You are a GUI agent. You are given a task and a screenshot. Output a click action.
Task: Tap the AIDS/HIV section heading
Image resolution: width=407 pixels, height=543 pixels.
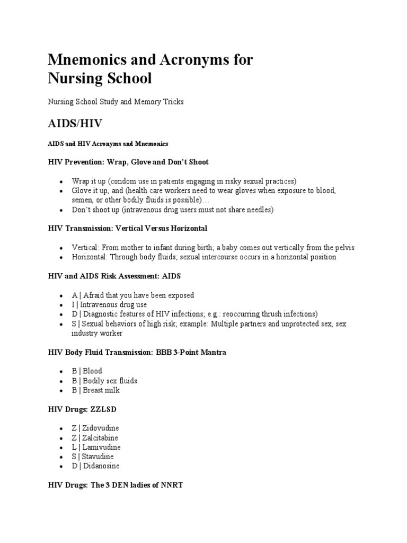[75, 124]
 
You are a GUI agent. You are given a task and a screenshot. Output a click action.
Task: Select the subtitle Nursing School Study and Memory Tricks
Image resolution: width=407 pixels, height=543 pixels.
[116, 101]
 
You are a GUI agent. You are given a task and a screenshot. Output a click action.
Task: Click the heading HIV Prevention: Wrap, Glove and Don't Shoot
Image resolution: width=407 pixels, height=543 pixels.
[128, 162]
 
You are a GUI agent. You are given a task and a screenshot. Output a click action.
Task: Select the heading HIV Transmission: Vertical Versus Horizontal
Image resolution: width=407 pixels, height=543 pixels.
[128, 228]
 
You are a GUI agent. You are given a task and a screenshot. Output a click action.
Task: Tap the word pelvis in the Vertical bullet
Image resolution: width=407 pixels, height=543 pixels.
[344, 248]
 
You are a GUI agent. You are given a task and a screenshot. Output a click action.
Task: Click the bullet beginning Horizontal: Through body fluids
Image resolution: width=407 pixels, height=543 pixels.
[204, 257]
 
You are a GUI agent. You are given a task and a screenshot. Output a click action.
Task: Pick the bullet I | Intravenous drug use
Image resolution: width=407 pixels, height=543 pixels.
[109, 305]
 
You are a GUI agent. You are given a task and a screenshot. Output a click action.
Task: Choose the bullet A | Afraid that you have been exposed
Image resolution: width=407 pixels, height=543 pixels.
[133, 295]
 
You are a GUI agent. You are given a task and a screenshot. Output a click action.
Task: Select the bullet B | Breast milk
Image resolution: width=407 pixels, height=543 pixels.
[96, 390]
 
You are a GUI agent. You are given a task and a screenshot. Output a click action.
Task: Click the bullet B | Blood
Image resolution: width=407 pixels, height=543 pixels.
[87, 371]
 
